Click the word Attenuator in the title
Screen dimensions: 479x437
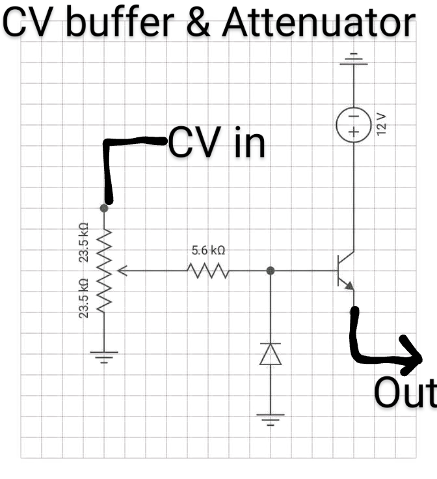pyautogui.click(x=319, y=25)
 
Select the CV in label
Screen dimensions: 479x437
pyautogui.click(x=217, y=143)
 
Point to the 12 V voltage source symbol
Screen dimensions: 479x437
pyautogui.click(x=353, y=124)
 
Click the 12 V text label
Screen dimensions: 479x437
pyautogui.click(x=382, y=124)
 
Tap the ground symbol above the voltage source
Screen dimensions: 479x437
pyautogui.click(x=353, y=61)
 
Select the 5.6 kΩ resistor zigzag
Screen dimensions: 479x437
pyautogui.click(x=207, y=269)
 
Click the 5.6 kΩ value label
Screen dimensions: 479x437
pyautogui.click(x=208, y=250)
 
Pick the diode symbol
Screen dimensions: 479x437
pyautogui.click(x=271, y=354)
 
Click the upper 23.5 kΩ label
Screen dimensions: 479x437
pyautogui.click(x=84, y=242)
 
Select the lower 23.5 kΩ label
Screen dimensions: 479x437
pyautogui.click(x=84, y=298)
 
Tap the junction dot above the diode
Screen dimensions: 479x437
pyautogui.click(x=271, y=269)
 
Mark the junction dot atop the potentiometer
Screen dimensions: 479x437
pyautogui.click(x=104, y=208)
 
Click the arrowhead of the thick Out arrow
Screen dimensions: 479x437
pyautogui.click(x=414, y=355)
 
